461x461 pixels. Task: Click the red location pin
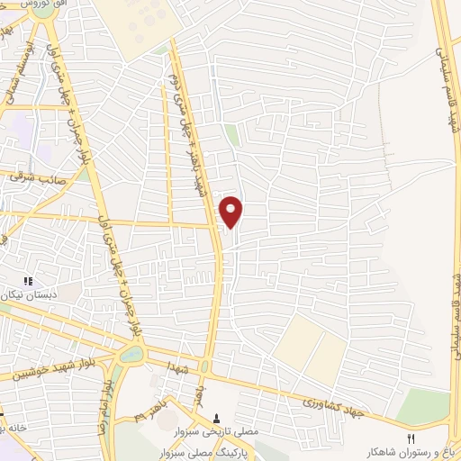[232, 210]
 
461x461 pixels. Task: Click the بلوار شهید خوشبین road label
[44, 370]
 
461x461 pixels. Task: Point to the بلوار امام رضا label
[106, 397]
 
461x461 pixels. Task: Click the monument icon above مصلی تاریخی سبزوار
[216, 418]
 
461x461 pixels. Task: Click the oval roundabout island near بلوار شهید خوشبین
[131, 354]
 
